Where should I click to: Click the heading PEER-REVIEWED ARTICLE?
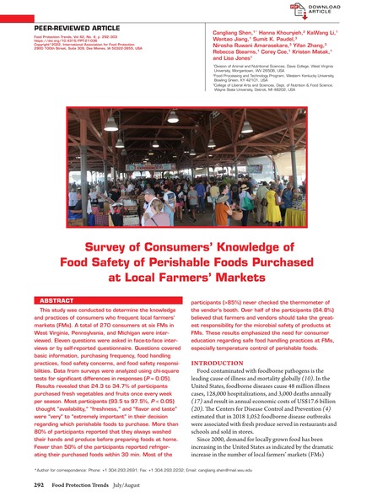(72, 28)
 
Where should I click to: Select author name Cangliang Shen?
(237, 30)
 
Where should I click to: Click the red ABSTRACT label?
(57, 300)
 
